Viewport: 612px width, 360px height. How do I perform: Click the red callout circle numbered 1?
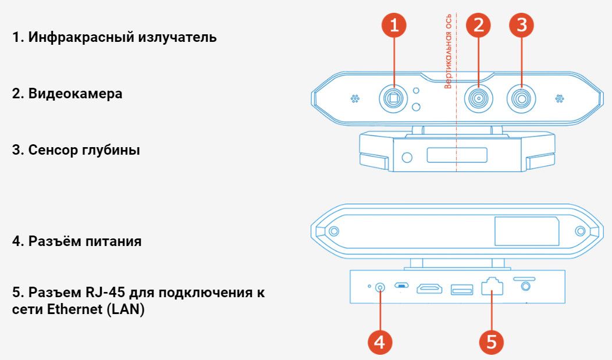point(394,26)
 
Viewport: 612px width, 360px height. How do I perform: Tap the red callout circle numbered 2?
point(479,26)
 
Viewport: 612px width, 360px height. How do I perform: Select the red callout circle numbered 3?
point(522,26)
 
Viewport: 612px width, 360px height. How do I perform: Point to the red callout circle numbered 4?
point(380,342)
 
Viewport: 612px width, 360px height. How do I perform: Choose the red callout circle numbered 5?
point(492,342)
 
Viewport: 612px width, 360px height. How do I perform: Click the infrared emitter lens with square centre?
point(393,98)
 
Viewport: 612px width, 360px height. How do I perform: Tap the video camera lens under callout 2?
point(479,98)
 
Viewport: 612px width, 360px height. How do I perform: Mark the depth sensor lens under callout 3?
point(521,98)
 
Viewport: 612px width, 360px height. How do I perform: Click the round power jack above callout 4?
point(380,288)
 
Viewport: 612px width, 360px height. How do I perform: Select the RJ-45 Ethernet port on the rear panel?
point(492,287)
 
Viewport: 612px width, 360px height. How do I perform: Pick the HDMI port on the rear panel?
point(429,288)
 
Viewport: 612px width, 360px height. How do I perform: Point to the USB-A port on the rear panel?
point(462,290)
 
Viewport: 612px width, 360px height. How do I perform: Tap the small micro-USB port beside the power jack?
point(401,285)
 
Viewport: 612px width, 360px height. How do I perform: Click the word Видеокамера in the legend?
point(75,94)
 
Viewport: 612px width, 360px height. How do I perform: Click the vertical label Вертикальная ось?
point(448,51)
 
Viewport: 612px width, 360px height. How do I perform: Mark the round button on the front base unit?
point(407,157)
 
